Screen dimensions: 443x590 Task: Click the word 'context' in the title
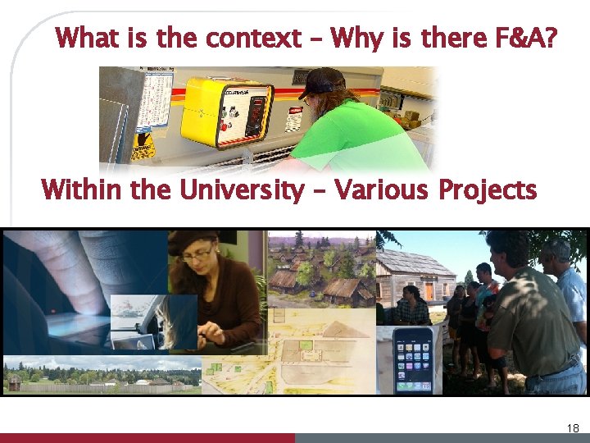coord(253,38)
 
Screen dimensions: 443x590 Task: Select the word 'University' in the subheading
coord(241,190)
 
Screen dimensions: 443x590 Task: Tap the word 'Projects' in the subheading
coord(488,190)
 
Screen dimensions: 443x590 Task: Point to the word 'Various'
coord(382,190)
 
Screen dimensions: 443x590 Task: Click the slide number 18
coord(572,427)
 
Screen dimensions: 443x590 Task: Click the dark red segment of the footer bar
coord(147,438)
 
